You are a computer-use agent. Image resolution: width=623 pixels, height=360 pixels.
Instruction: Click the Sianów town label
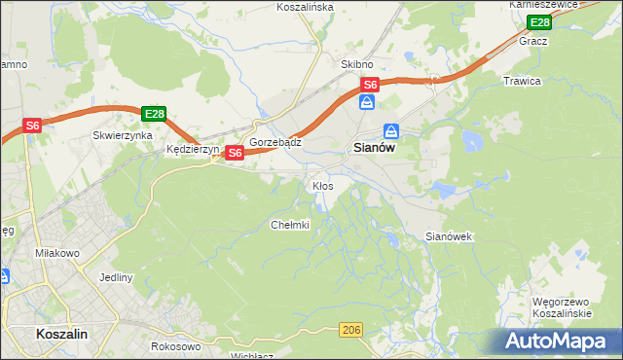pyautogui.click(x=372, y=149)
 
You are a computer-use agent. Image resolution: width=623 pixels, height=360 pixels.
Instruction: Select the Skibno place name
pyautogui.click(x=357, y=64)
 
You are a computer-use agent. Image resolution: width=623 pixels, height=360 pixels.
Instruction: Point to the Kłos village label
pyautogui.click(x=322, y=185)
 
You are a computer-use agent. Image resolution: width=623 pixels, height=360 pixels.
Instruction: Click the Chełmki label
pyautogui.click(x=289, y=225)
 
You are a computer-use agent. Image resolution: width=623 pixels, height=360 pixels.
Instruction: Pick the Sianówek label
pyautogui.click(x=450, y=236)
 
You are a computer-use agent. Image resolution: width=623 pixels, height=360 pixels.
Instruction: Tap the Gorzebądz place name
pyautogui.click(x=275, y=142)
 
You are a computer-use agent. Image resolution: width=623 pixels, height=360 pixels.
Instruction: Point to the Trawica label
pyautogui.click(x=522, y=81)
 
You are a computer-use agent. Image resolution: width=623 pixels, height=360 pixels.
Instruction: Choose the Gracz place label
pyautogui.click(x=533, y=42)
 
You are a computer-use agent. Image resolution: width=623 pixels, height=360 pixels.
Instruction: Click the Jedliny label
pyautogui.click(x=115, y=277)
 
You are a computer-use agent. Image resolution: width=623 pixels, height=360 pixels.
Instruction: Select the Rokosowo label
pyautogui.click(x=176, y=346)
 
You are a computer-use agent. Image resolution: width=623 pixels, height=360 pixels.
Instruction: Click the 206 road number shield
pyautogui.click(x=352, y=332)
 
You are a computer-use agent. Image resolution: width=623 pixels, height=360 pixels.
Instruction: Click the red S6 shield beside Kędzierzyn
pyautogui.click(x=235, y=153)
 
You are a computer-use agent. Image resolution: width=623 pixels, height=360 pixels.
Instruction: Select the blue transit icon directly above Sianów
pyautogui.click(x=390, y=130)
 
